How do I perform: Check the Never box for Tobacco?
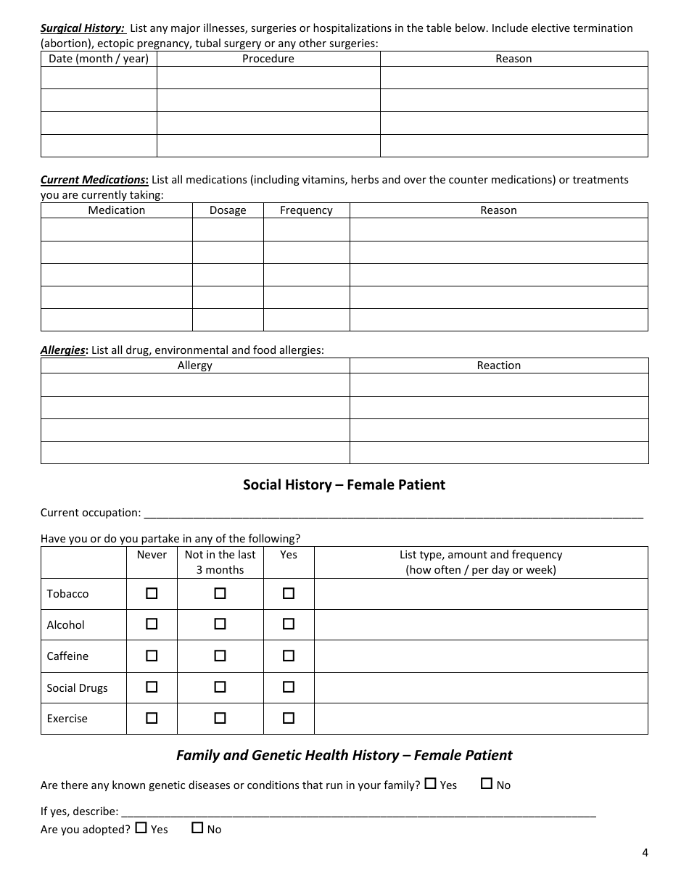[152, 593]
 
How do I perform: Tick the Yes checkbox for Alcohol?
[289, 624]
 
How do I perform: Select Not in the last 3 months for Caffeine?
[220, 656]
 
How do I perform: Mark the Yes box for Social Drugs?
[289, 687]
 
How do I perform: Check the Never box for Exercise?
[152, 718]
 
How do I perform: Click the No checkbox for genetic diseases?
[487, 784]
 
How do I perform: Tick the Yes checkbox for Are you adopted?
[141, 827]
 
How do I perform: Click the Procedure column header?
[268, 59]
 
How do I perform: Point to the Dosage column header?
[228, 210]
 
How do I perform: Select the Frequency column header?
[306, 210]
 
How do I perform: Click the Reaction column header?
[498, 366]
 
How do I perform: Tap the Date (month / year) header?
[99, 59]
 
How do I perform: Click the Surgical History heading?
[83, 28]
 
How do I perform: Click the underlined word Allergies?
[63, 350]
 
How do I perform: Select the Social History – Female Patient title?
[344, 484]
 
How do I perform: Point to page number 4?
[645, 852]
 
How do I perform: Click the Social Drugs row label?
[77, 687]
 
